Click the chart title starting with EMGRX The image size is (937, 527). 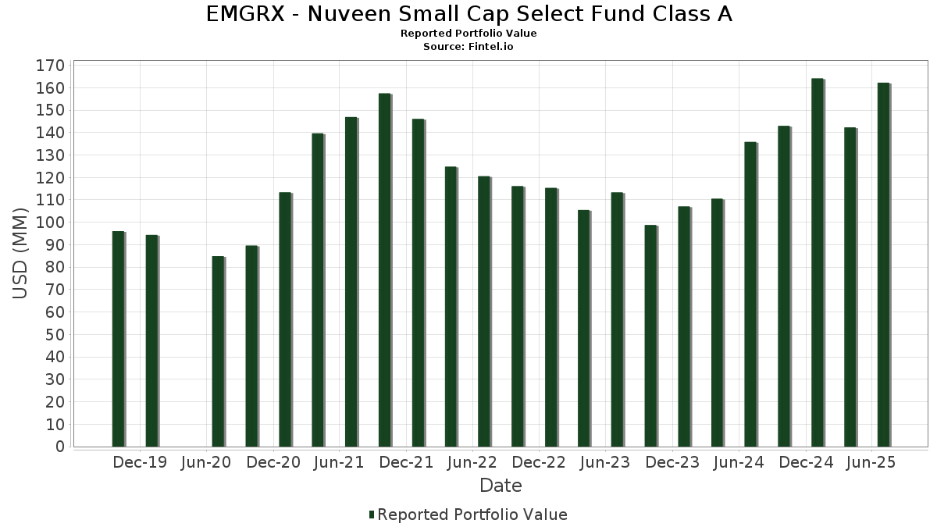pyautogui.click(x=468, y=14)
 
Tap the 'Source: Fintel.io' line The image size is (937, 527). pyautogui.click(x=468, y=47)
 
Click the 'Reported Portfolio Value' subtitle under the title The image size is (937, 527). pyautogui.click(x=468, y=34)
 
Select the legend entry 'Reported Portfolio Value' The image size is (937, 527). pyautogui.click(x=472, y=515)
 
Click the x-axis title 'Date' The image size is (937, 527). pyautogui.click(x=501, y=486)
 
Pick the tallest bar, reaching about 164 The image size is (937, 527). pyautogui.click(x=818, y=262)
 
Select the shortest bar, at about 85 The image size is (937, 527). pyautogui.click(x=218, y=351)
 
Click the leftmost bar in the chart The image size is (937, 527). pyautogui.click(x=118, y=339)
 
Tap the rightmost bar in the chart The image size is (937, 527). pyautogui.click(x=883, y=265)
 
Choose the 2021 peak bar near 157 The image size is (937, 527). pyautogui.click(x=384, y=270)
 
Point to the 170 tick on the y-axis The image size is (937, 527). pyautogui.click(x=49, y=66)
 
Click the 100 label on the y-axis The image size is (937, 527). pyautogui.click(x=49, y=223)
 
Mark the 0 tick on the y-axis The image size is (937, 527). pyautogui.click(x=59, y=447)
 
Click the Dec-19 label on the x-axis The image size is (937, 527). pyautogui.click(x=140, y=462)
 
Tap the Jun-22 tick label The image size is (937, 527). pyautogui.click(x=472, y=462)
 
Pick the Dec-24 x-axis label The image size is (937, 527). pyautogui.click(x=806, y=462)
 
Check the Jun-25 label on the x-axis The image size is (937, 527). pyautogui.click(x=871, y=462)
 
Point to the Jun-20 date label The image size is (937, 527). pyautogui.click(x=206, y=462)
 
